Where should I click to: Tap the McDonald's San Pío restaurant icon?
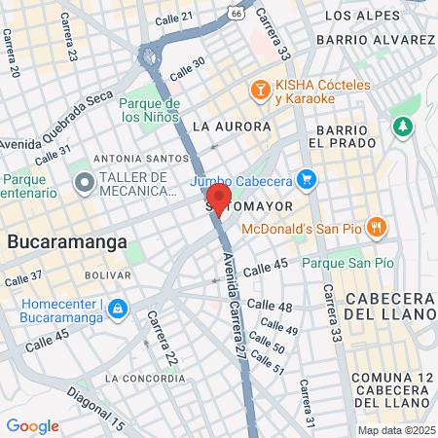(x=379, y=228)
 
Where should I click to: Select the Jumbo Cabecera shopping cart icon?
(x=307, y=178)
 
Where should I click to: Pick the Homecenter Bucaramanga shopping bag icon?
(x=118, y=309)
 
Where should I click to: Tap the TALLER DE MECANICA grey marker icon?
(x=83, y=181)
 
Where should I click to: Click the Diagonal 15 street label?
(x=98, y=409)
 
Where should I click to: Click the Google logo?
(x=32, y=425)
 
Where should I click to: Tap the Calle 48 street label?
(x=270, y=307)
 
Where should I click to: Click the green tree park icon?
(x=403, y=127)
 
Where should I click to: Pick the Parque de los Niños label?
(x=151, y=110)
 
